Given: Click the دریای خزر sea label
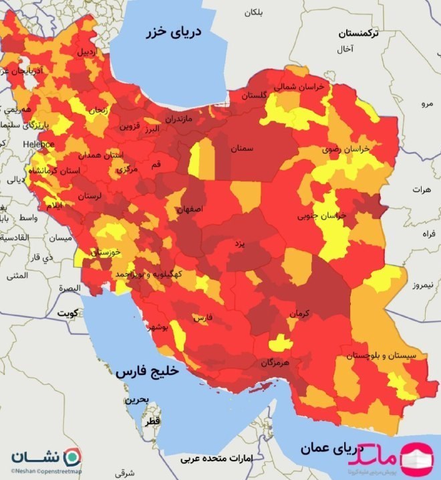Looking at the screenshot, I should click(176, 33).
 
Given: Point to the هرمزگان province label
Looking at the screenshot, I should click(275, 362).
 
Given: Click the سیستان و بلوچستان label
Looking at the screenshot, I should click(382, 355).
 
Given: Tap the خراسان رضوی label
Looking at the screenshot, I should click(347, 150).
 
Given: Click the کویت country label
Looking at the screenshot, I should click(67, 313).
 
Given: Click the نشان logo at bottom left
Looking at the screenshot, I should click(45, 457).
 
